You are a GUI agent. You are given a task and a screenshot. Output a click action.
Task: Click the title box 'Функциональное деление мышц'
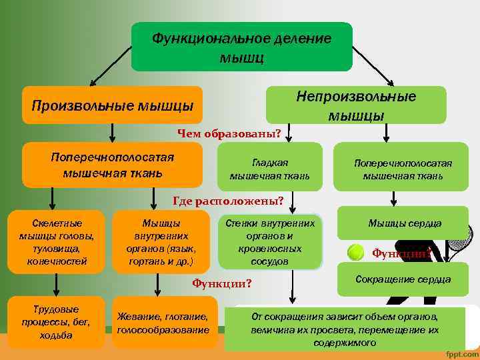click(241, 47)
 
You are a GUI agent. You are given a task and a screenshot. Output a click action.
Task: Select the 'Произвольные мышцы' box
click(112, 105)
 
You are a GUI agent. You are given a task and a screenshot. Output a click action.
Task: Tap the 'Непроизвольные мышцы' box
click(356, 105)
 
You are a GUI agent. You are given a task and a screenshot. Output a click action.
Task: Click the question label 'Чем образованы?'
click(229, 133)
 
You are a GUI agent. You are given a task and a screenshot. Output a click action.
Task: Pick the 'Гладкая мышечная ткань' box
click(269, 170)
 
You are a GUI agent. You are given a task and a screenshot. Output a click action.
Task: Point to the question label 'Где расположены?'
click(228, 200)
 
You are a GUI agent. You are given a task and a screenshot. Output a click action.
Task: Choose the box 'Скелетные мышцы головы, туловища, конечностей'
click(57, 241)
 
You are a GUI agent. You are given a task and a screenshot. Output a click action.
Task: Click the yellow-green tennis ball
click(355, 252)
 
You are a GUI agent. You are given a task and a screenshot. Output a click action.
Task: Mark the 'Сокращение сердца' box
click(403, 279)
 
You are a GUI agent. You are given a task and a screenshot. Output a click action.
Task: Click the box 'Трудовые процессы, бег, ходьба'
click(57, 323)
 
